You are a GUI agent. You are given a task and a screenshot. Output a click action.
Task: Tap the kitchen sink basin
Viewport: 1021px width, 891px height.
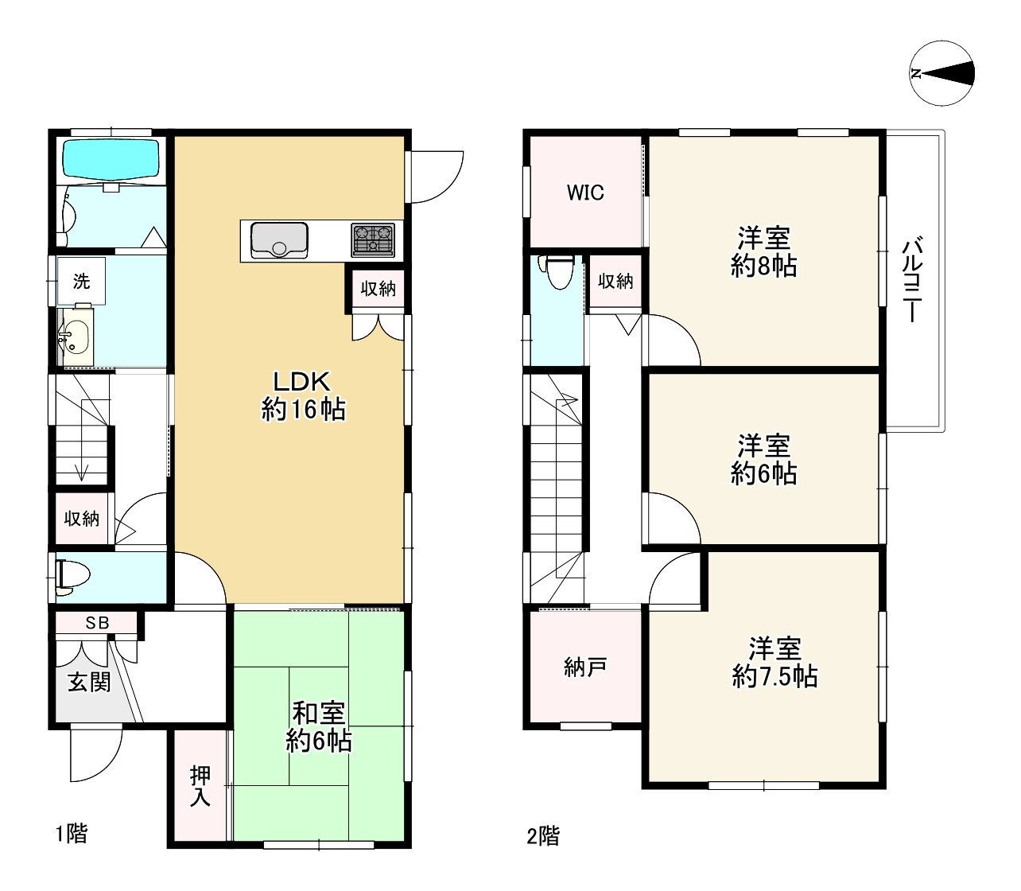pyautogui.click(x=279, y=240)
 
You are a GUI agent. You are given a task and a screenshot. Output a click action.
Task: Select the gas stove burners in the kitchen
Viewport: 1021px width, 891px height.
pyautogui.click(x=373, y=239)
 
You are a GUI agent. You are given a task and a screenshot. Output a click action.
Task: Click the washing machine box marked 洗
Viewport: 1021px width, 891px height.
pyautogui.click(x=81, y=281)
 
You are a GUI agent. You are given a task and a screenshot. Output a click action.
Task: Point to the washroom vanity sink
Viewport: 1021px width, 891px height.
pyautogui.click(x=75, y=337)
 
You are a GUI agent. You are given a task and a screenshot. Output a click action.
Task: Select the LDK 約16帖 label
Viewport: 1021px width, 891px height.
pyautogui.click(x=303, y=396)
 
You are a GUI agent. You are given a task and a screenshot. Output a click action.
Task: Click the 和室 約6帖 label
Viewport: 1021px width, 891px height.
pyautogui.click(x=318, y=727)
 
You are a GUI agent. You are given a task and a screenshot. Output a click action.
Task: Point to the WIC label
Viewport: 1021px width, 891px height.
pyautogui.click(x=585, y=193)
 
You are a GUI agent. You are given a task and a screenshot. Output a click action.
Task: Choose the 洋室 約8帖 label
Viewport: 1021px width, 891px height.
pyautogui.click(x=763, y=252)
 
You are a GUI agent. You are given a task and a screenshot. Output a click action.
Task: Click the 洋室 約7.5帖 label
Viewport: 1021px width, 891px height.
pyautogui.click(x=774, y=663)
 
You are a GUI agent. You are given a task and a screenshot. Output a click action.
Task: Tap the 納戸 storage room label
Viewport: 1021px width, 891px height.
pyautogui.click(x=585, y=667)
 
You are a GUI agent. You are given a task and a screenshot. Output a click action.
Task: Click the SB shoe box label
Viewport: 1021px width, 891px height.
pyautogui.click(x=97, y=622)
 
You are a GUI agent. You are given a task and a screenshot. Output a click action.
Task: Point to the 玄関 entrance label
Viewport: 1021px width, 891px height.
pyautogui.click(x=89, y=682)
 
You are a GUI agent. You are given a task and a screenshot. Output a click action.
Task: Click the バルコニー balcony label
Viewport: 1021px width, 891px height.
pyautogui.click(x=912, y=281)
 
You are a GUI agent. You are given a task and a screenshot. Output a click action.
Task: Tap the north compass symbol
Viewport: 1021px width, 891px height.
pyautogui.click(x=941, y=73)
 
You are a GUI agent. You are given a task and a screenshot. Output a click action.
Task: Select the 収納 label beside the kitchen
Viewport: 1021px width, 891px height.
pyautogui.click(x=379, y=289)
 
